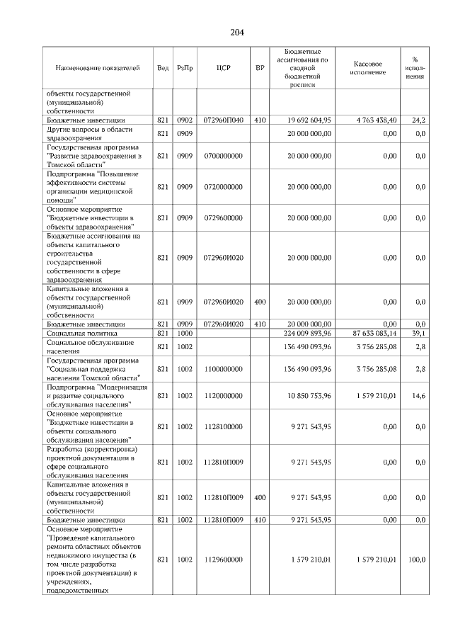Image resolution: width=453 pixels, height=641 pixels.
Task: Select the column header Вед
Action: pyautogui.click(x=163, y=68)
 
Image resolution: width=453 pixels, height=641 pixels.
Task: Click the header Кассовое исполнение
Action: pyautogui.click(x=367, y=68)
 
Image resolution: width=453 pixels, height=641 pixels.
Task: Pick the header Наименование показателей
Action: pyautogui.click(x=98, y=68)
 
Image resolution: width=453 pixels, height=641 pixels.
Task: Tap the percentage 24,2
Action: pyautogui.click(x=418, y=121)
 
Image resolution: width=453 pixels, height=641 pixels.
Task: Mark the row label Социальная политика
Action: pyautogui.click(x=82, y=332)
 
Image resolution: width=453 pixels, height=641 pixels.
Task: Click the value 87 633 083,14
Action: pyautogui.click(x=369, y=332)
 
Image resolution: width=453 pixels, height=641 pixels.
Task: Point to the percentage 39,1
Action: pyautogui.click(x=418, y=332)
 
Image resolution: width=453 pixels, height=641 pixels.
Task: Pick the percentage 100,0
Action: pyautogui.click(x=417, y=560)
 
